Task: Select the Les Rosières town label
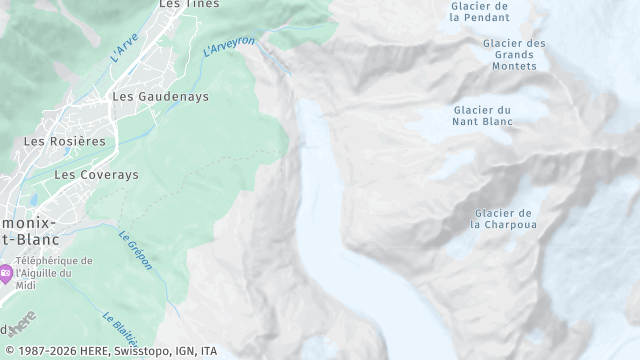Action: click(65, 141)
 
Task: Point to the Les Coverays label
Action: click(96, 174)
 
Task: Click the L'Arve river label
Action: click(125, 48)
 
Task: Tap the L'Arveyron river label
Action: click(229, 46)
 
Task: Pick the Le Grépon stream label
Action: click(134, 250)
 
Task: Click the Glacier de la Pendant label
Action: click(480, 11)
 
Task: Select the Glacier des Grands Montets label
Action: click(514, 54)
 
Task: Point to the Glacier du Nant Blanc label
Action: click(483, 115)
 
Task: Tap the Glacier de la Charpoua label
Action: click(503, 218)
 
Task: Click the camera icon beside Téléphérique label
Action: click(6, 272)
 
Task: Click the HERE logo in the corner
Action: click(20, 323)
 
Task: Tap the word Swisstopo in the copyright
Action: click(130, 351)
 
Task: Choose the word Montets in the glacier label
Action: click(514, 66)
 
